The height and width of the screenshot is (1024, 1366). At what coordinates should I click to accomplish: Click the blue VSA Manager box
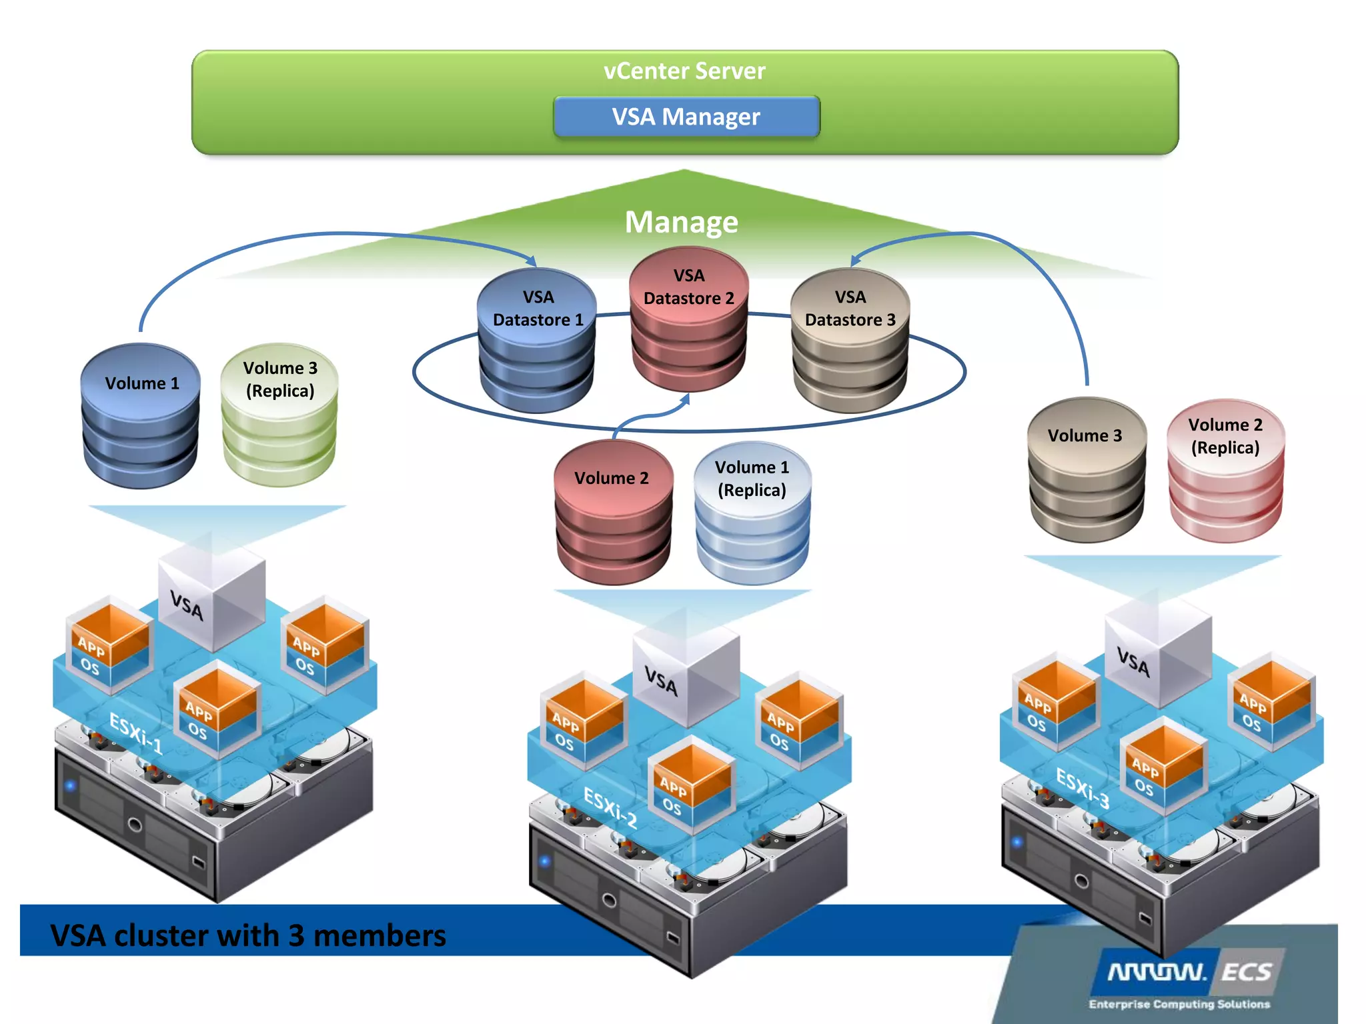click(x=686, y=117)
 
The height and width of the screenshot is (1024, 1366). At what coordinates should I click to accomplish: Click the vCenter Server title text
click(x=684, y=71)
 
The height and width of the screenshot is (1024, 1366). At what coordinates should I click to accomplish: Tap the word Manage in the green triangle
click(x=681, y=222)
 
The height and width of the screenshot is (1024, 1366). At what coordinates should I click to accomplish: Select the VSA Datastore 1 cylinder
click(x=537, y=340)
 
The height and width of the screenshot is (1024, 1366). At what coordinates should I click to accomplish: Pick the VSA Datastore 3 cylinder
click(x=850, y=340)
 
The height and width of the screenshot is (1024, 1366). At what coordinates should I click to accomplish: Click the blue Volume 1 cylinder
click(x=141, y=415)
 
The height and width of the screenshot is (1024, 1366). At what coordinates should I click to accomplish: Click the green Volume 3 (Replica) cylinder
click(x=279, y=415)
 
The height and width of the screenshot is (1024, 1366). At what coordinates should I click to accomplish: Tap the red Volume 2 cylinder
click(x=612, y=511)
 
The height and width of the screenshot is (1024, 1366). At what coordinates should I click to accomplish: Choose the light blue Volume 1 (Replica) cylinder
click(x=752, y=512)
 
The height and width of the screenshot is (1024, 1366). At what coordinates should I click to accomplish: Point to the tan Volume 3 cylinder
click(x=1086, y=469)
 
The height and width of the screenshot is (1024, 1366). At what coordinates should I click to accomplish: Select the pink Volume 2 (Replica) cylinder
click(x=1225, y=469)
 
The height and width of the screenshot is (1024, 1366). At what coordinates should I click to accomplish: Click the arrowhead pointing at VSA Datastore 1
click(x=532, y=261)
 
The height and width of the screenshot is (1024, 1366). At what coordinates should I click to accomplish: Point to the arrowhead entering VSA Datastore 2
click(x=685, y=399)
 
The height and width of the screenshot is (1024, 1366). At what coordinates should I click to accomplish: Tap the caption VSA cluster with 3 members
click(x=248, y=935)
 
